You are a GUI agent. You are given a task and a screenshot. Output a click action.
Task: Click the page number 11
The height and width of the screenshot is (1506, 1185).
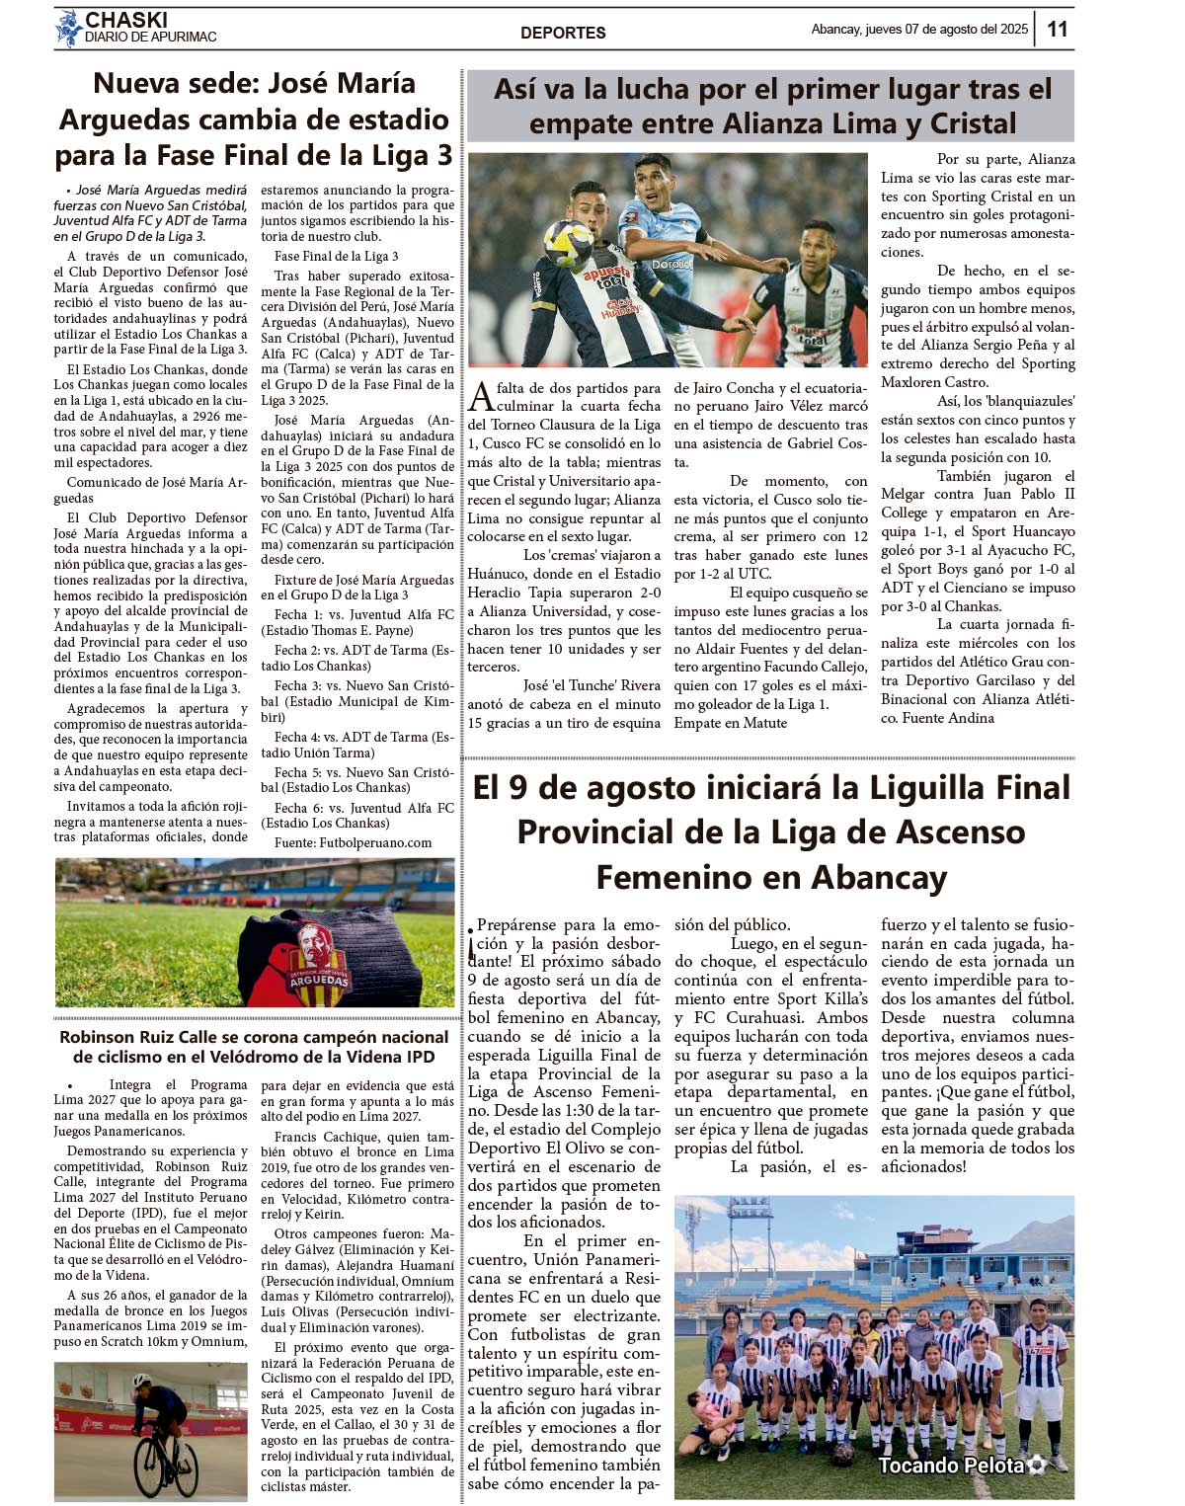click(x=1057, y=29)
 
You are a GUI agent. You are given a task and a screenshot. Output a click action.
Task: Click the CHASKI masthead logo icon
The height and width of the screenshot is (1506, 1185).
click(x=67, y=29)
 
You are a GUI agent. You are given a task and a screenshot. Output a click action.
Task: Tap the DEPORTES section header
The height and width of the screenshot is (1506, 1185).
click(x=563, y=33)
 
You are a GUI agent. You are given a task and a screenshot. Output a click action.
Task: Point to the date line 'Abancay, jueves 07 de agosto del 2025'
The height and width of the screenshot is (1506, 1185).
click(x=919, y=29)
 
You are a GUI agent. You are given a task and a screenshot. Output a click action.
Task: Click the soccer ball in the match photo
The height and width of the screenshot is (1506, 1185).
click(x=569, y=243)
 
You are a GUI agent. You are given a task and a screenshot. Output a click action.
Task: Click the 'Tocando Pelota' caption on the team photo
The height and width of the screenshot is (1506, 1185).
click(x=951, y=1465)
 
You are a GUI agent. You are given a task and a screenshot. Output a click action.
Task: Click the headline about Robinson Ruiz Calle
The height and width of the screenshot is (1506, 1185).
click(x=254, y=1047)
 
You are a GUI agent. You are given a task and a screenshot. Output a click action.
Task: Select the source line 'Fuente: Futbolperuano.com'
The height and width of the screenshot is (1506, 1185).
click(x=354, y=842)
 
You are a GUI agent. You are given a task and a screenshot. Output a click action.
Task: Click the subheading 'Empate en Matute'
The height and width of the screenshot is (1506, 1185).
click(x=730, y=723)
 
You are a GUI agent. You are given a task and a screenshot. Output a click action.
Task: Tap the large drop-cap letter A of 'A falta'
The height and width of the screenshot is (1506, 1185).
click(x=480, y=397)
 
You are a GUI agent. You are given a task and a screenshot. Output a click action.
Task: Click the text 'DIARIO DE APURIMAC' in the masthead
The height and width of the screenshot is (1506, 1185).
click(x=150, y=38)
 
